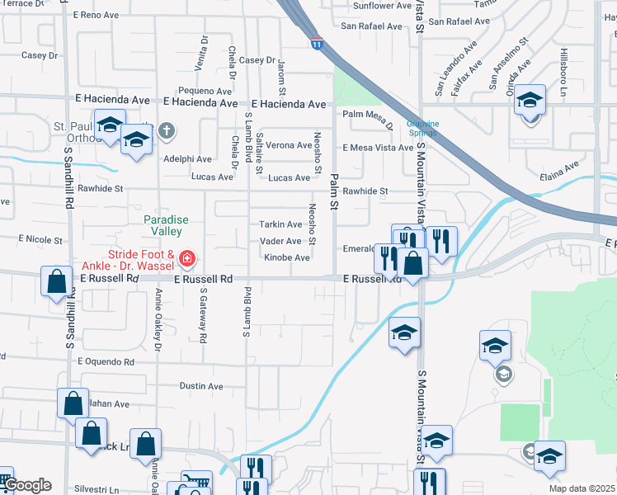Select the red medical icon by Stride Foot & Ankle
[x=187, y=259]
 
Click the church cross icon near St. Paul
[x=166, y=130]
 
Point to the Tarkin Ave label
[x=280, y=224]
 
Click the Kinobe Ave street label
[x=287, y=258]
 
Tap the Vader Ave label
[x=280, y=241]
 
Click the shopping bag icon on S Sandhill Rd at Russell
[x=55, y=281]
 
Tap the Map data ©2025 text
[x=582, y=488]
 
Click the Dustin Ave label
[x=201, y=386]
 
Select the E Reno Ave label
[x=97, y=15]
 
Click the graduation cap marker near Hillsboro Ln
[x=530, y=101]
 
